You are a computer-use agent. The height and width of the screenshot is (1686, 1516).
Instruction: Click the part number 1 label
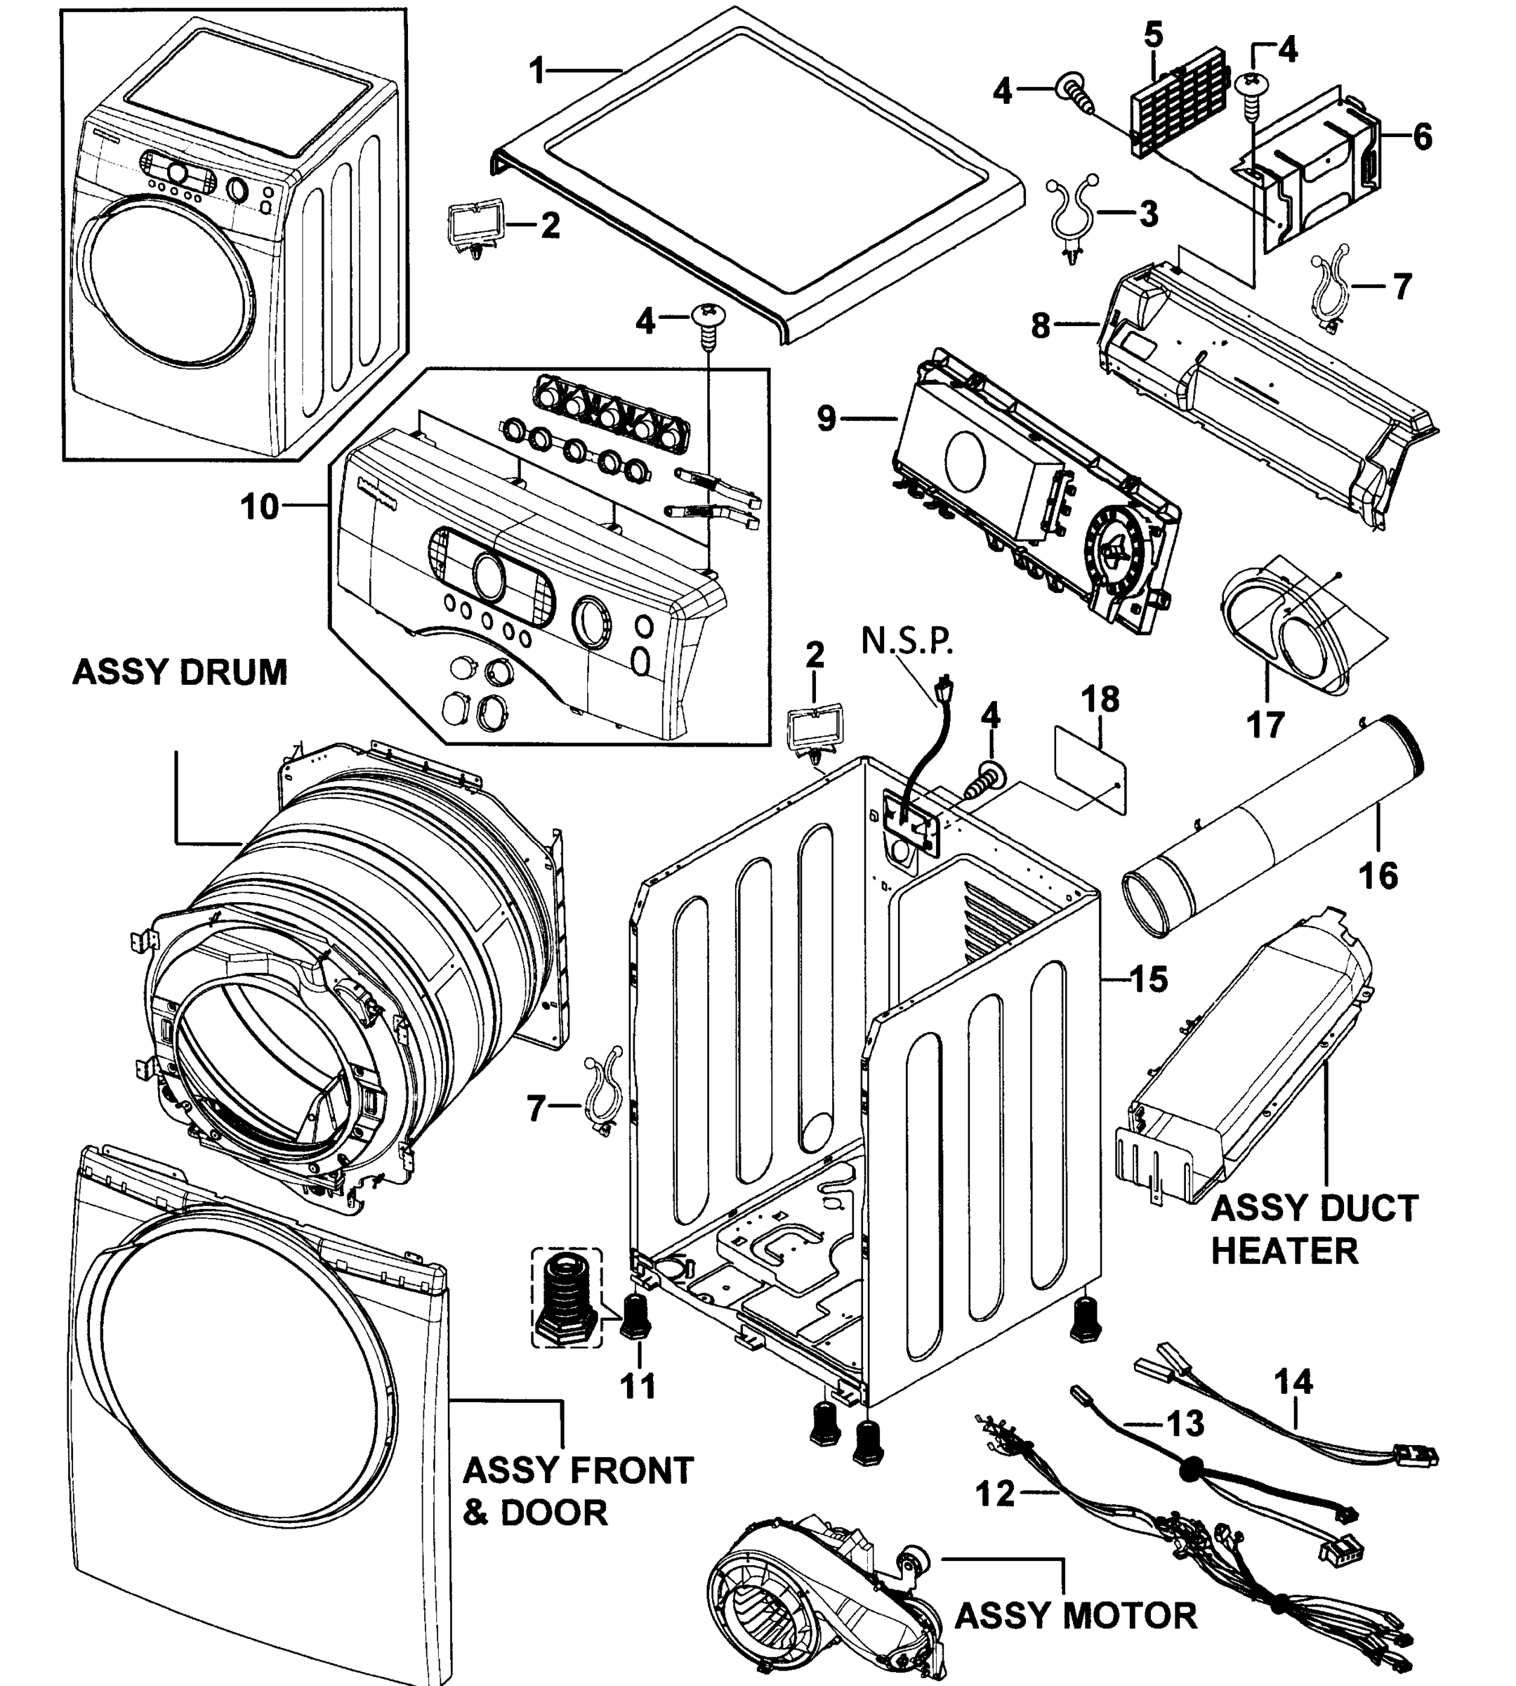pos(538,71)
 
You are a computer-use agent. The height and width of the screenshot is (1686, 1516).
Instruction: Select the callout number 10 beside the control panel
pos(260,506)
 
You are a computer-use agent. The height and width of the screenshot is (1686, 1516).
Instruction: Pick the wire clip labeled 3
pos(1073,215)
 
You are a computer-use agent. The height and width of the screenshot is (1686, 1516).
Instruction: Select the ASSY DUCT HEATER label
pos(1314,1229)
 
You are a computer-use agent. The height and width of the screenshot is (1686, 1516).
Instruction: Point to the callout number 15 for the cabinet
pos(1149,979)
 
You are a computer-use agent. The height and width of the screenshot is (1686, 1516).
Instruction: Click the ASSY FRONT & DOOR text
pos(577,1491)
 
